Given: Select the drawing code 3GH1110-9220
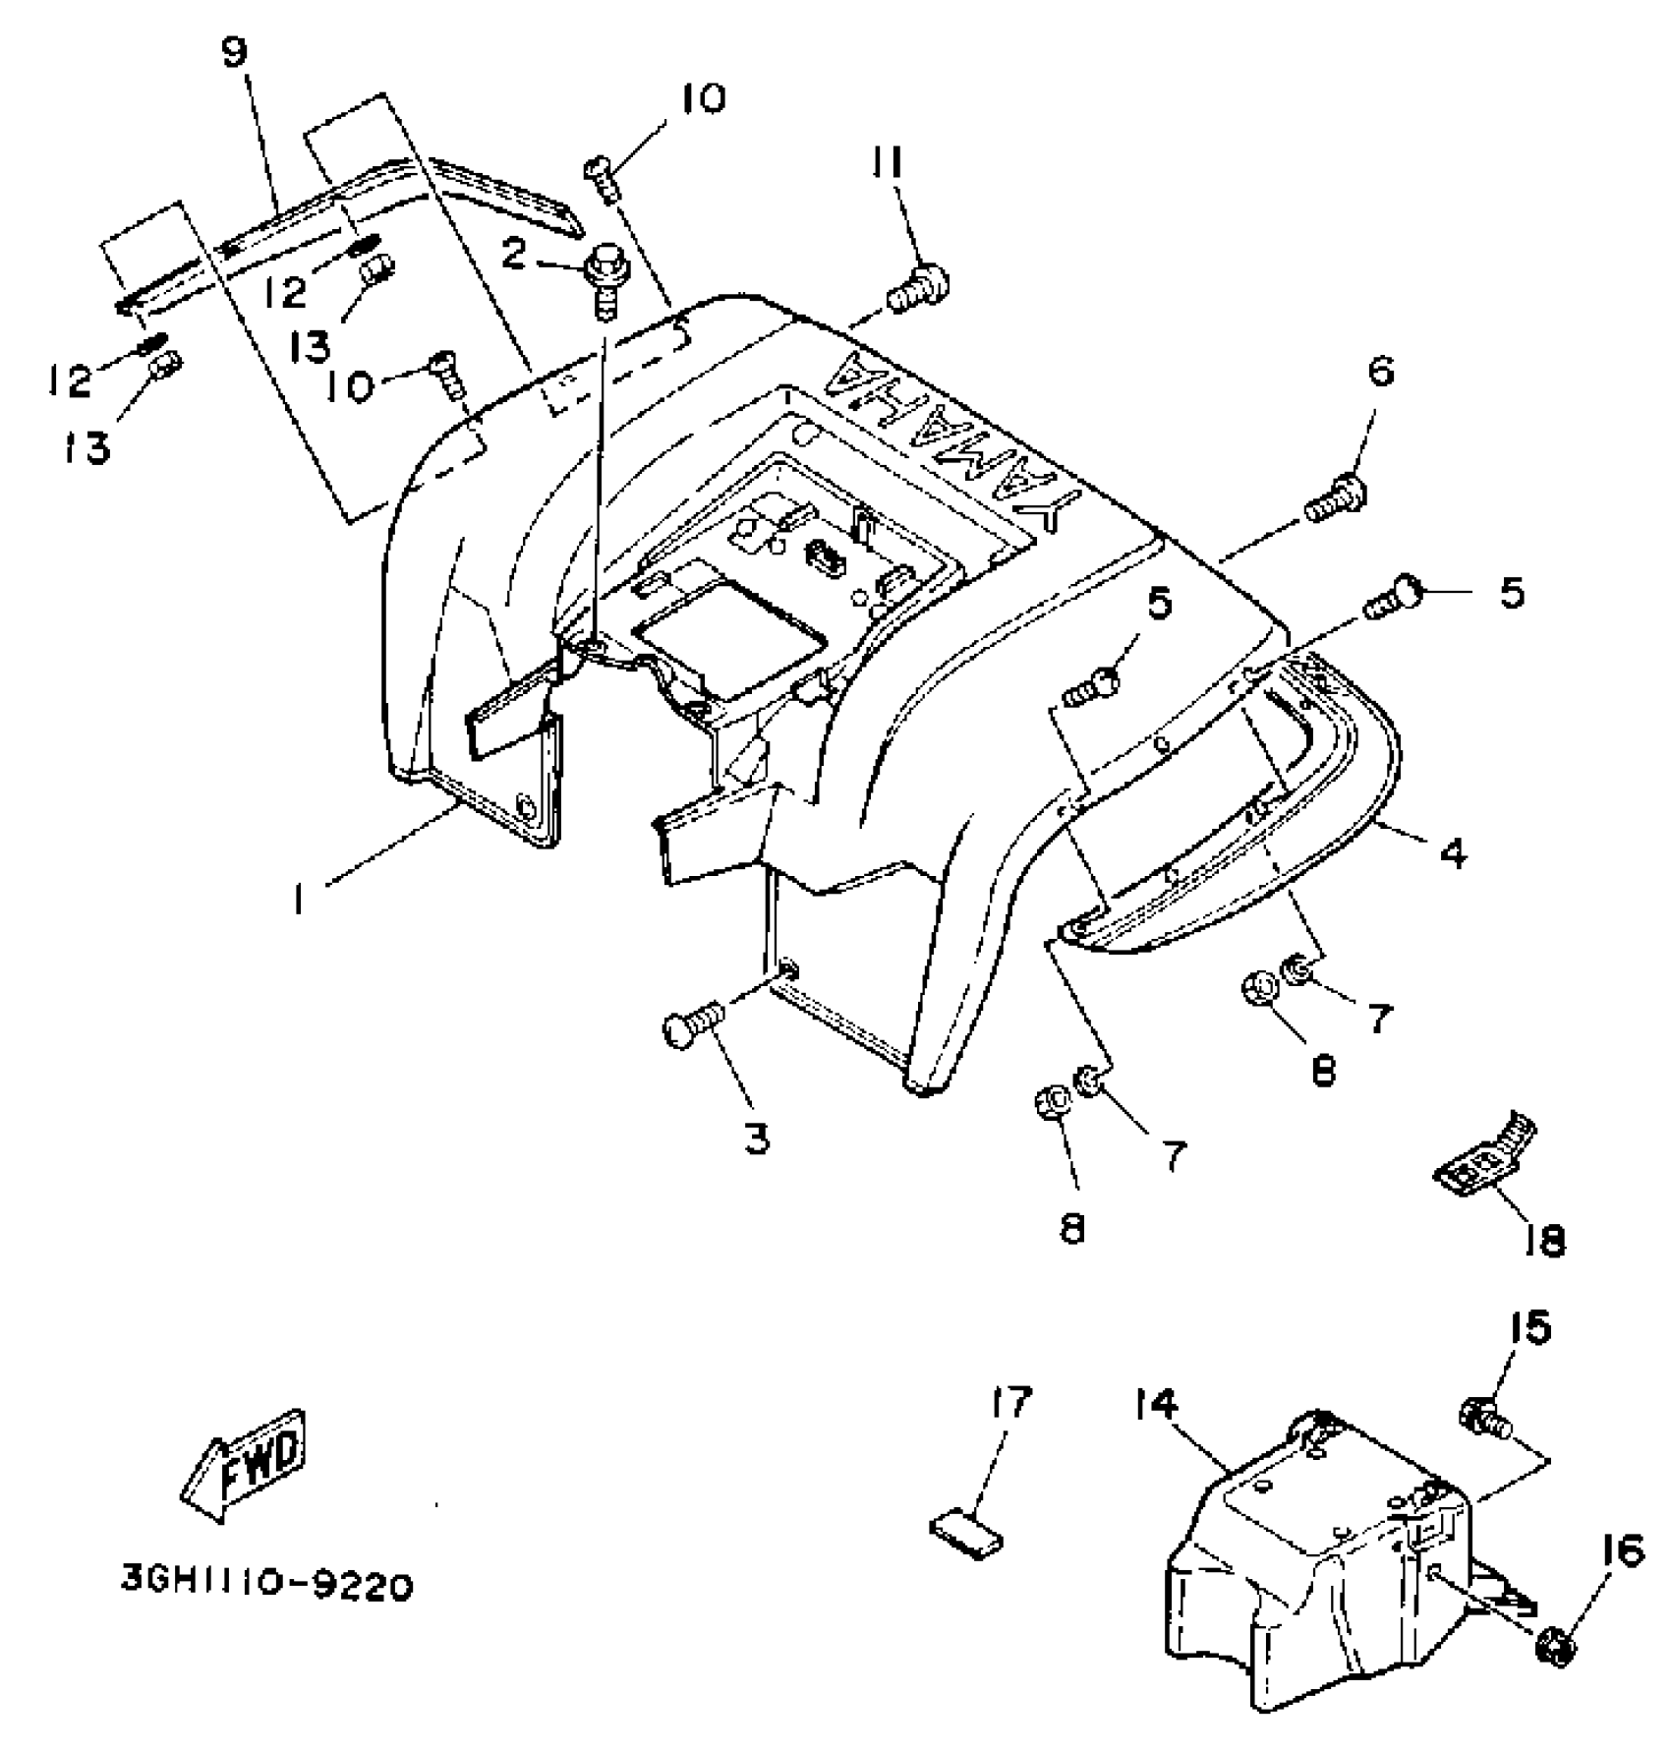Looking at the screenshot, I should click(266, 1584).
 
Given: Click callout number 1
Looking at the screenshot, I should click(300, 900).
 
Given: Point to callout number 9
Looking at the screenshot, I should click(235, 52).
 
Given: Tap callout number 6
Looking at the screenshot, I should click(1380, 372).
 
